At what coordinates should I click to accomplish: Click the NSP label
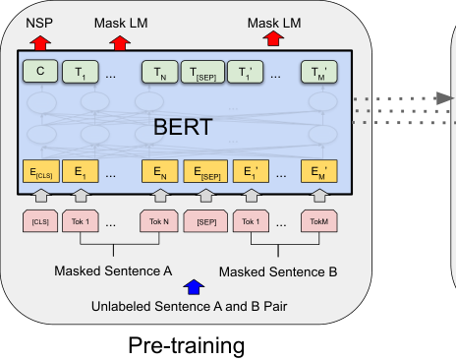(38, 21)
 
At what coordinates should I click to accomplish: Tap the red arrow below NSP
(39, 41)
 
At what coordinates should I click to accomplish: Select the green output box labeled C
(39, 71)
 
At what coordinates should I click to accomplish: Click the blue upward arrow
(193, 287)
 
